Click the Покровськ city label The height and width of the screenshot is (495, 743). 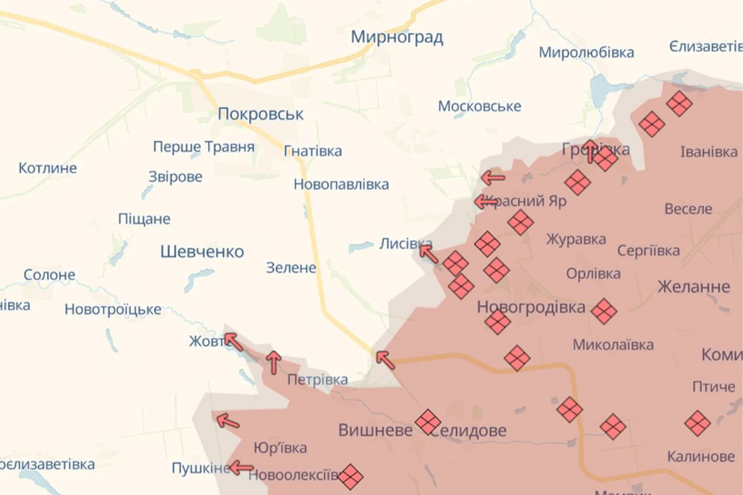pos(261,114)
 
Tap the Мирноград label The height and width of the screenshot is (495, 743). pos(397,37)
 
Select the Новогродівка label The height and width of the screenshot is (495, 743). pos(531,308)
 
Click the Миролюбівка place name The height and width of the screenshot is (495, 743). pos(586,53)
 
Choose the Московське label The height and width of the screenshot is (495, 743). pos(479,106)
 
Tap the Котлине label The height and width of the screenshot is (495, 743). pos(48,168)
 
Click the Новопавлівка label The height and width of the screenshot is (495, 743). pos(341,184)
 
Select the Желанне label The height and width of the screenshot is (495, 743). pos(693,287)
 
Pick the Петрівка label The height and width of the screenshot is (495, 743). pos(317,379)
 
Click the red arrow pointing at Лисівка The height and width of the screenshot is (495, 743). pos(428,253)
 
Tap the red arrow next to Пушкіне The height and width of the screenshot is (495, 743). pos(241,468)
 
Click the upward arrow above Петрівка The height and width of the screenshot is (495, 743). pos(273,362)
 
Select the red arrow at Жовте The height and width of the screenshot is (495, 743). pos(233,341)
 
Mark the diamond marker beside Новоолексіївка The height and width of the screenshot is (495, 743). pos(350,476)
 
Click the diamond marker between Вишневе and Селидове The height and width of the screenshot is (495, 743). pos(428,422)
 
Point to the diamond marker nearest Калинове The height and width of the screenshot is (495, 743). pos(697,423)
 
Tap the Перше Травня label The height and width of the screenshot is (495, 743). pos(204,147)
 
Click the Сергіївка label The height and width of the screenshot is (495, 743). pos(648,251)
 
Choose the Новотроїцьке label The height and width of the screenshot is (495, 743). pos(113,309)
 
